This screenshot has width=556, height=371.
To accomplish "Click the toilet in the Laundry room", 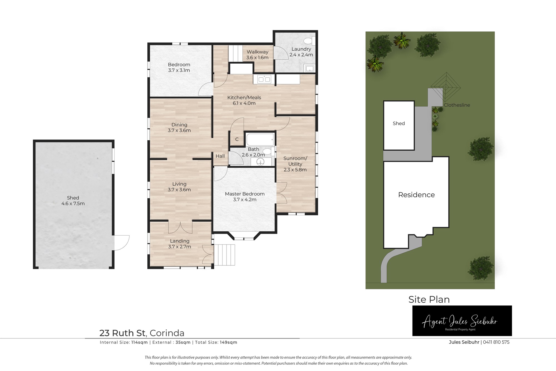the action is (x=309, y=41).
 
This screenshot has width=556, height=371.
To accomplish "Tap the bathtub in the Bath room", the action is (x=260, y=140).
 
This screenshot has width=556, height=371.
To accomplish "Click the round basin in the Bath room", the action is (x=261, y=162).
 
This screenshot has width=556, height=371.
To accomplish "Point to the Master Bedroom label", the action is (x=245, y=194).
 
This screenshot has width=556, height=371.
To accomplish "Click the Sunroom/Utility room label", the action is (x=295, y=161).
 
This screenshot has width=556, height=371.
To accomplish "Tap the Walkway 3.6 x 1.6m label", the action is (x=257, y=54).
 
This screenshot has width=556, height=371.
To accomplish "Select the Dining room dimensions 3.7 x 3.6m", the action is (x=179, y=130).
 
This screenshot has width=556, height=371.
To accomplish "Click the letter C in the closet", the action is (x=237, y=139).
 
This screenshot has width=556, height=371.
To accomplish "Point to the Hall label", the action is (x=220, y=156).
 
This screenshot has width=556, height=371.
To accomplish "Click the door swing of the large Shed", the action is (x=122, y=243).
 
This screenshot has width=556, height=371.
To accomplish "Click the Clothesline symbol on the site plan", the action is (x=446, y=88).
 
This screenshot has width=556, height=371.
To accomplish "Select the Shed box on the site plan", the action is (x=399, y=126).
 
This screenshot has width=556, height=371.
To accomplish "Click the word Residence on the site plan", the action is (x=416, y=195).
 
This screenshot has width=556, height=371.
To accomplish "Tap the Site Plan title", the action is (x=429, y=299).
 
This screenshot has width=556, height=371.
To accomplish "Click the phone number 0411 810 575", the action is (x=496, y=342).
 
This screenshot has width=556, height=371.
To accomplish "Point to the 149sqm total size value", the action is (x=229, y=342).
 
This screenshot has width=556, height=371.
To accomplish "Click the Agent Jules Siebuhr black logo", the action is (x=462, y=321).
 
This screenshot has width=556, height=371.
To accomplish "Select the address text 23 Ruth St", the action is (x=123, y=333).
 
